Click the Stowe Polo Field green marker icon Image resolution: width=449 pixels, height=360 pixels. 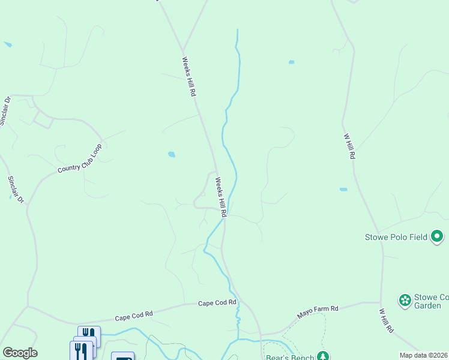click(438, 236)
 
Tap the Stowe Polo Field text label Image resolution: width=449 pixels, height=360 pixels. click(396, 237)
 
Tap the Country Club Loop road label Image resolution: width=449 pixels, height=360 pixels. click(80, 158)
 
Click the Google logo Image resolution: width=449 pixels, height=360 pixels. click(20, 353)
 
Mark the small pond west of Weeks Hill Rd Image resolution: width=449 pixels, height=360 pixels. click(172, 155)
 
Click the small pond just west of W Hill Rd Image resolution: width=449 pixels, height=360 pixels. click(343, 190)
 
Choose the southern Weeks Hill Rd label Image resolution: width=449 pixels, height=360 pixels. click(221, 197)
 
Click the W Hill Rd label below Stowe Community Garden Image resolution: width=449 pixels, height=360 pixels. click(385, 321)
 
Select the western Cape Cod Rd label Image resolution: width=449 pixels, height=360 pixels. click(133, 315)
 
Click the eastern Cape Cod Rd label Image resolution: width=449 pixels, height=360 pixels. click(217, 304)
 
